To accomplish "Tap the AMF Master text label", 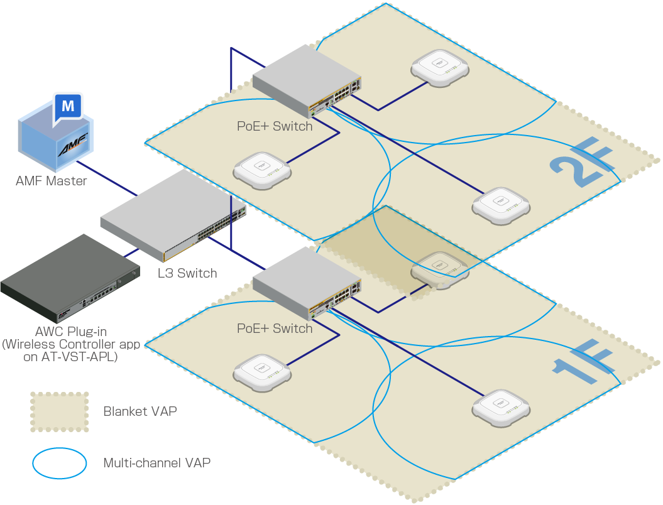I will (x=52, y=182).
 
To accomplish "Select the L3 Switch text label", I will (x=187, y=273).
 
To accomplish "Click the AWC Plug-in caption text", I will (x=72, y=344).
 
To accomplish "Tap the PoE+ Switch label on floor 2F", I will (x=275, y=126).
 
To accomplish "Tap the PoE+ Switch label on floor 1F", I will (x=275, y=329).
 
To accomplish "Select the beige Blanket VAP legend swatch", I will (x=60, y=412).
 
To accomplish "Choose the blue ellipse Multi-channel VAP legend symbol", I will (x=60, y=464).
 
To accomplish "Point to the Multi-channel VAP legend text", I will (x=157, y=464).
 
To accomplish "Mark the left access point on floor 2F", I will (x=262, y=169).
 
